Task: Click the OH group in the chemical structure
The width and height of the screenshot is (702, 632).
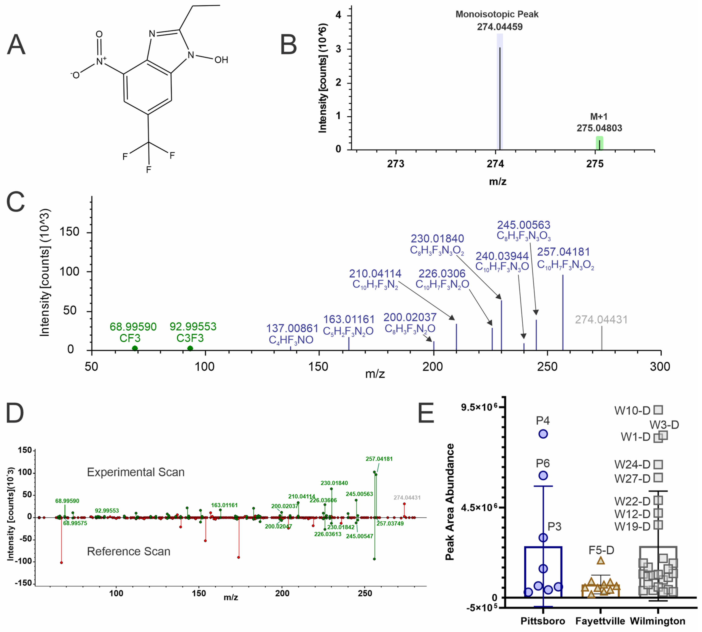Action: [221, 60]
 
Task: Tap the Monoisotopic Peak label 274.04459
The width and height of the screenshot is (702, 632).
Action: [499, 27]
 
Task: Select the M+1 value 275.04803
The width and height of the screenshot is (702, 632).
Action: [599, 128]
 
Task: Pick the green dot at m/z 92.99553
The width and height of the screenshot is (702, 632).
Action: [190, 348]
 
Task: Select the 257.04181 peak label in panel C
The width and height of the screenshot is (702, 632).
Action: [563, 252]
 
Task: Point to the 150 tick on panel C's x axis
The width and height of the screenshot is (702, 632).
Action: [319, 367]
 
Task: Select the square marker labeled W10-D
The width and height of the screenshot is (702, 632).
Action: [658, 410]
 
